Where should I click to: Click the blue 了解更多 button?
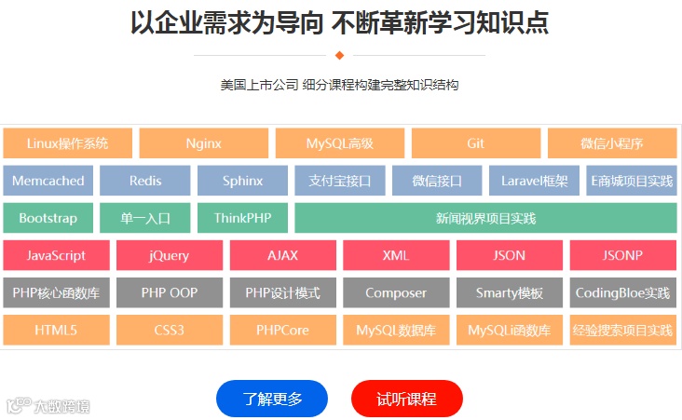(272, 399)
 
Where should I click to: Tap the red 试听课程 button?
(406, 399)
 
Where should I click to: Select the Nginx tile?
(203, 143)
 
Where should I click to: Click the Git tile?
(475, 143)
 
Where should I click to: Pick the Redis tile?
(145, 181)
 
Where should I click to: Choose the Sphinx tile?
(242, 181)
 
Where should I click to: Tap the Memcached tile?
(48, 181)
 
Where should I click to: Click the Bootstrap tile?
(48, 218)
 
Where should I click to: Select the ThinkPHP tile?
(242, 218)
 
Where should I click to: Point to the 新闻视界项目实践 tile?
(485, 218)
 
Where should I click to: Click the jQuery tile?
(170, 255)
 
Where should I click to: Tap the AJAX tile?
(282, 255)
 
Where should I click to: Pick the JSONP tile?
(622, 255)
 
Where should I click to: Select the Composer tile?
(396, 292)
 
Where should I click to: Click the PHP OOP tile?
(170, 292)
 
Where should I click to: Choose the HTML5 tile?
(56, 330)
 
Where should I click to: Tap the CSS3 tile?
(170, 330)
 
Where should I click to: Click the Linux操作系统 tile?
(67, 143)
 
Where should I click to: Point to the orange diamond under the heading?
(339, 55)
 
